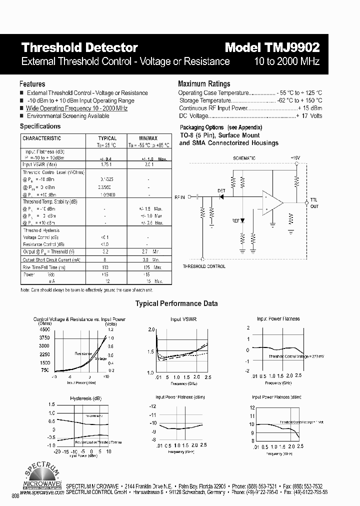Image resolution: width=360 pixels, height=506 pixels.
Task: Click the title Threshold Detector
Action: (79, 47)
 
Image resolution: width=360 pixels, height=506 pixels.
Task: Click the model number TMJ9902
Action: (272, 47)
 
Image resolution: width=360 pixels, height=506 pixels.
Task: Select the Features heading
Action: (32, 84)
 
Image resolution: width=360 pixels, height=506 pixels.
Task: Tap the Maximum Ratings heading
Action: (204, 84)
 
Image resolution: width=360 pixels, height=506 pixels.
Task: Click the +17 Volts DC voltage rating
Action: (309, 116)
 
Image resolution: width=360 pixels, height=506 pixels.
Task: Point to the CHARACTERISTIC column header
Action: (42, 138)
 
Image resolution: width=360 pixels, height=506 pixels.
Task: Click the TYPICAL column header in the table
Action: (107, 138)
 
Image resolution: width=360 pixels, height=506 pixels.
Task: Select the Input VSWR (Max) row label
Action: (39, 164)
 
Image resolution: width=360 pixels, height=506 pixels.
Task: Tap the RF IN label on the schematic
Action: (179, 197)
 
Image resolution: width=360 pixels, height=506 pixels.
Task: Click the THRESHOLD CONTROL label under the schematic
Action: (203, 266)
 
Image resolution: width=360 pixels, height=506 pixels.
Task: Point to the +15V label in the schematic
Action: (296, 157)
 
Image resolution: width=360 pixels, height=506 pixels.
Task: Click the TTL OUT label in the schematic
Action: (314, 203)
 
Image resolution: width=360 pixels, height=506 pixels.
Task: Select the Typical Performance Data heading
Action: (176, 303)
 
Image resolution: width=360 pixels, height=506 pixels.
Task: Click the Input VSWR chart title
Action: (183, 319)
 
